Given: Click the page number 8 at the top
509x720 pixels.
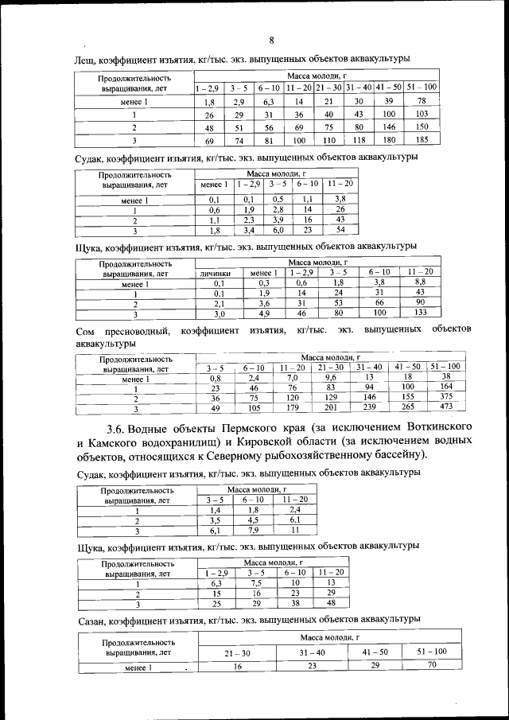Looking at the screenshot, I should tap(271, 41).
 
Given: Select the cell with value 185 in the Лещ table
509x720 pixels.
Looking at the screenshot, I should tap(422, 140).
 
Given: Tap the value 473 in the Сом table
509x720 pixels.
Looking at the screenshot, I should tap(447, 407).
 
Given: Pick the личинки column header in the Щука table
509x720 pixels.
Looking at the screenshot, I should tap(215, 273).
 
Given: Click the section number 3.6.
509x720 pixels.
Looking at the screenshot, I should tap(107, 428).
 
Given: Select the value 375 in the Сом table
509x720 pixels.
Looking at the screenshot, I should tap(447, 396).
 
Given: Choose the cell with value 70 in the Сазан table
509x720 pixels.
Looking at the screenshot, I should tap(432, 665).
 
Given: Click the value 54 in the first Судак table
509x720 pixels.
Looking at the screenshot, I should tap(340, 230).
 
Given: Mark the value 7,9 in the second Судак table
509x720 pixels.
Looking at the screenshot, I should tap(253, 530).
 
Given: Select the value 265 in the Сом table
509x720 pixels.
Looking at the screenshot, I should tap(407, 407).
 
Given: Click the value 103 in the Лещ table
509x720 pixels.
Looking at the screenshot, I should tap(422, 115).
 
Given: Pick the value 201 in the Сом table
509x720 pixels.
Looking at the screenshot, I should tap(327, 407).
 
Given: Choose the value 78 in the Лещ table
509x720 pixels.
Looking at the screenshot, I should tap(422, 101).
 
